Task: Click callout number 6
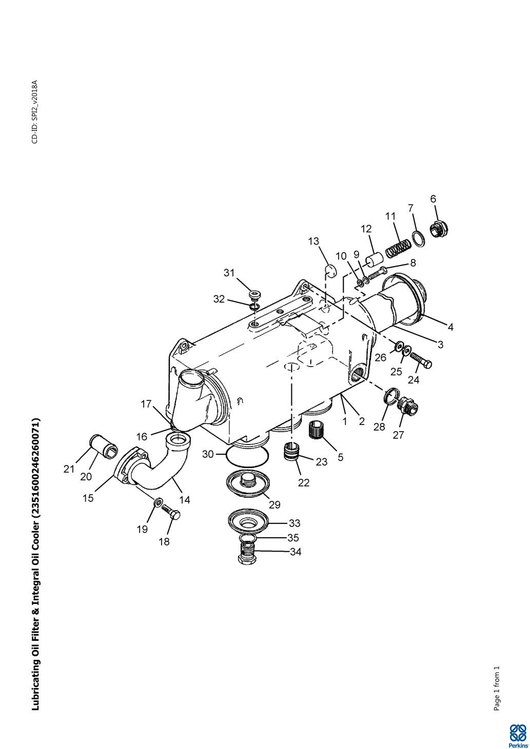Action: point(433,199)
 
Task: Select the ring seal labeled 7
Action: point(419,238)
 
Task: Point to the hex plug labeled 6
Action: point(439,230)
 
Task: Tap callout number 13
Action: point(313,241)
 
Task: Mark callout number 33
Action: point(294,523)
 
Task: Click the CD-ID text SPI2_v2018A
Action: point(34,112)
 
